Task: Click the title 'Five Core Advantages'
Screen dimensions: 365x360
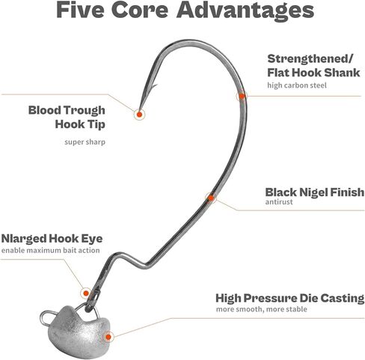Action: click(x=185, y=10)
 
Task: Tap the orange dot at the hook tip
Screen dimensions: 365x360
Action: click(x=139, y=115)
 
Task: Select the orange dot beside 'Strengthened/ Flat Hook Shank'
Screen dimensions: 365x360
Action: click(x=242, y=96)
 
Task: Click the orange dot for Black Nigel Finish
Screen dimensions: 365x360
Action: click(x=211, y=198)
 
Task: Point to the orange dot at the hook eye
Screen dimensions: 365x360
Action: click(x=86, y=293)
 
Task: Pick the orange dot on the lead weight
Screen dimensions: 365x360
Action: click(x=108, y=337)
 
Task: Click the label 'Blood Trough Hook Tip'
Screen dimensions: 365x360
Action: click(x=67, y=118)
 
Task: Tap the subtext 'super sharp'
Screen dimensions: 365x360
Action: click(x=85, y=142)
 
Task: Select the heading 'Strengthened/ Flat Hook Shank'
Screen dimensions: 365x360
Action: click(x=313, y=66)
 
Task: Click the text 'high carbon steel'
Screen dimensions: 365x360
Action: click(x=297, y=85)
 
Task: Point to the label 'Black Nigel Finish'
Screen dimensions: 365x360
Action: click(x=315, y=192)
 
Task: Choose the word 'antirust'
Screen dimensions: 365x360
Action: click(x=279, y=202)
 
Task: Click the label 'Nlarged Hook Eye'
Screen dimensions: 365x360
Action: click(x=52, y=239)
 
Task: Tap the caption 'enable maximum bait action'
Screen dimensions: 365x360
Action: click(x=51, y=250)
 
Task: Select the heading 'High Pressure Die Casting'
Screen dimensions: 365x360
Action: click(x=290, y=299)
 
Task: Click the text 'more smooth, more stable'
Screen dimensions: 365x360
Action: click(x=262, y=309)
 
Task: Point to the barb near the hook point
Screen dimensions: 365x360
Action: click(x=154, y=87)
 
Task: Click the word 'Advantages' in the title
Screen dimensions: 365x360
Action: click(x=245, y=10)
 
